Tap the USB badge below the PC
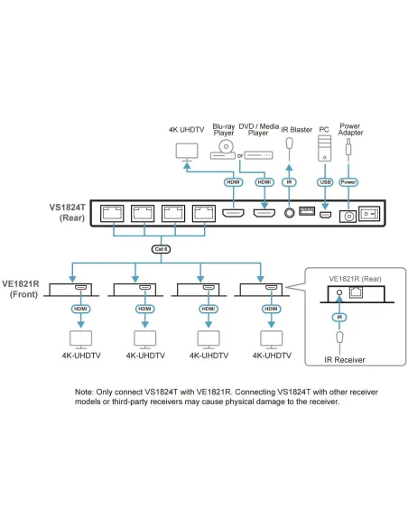[x=324, y=181]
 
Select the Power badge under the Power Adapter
[x=349, y=181]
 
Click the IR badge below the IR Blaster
[x=289, y=181]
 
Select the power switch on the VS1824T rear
[x=369, y=215]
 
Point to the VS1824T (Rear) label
[x=70, y=212]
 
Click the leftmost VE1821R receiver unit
[x=70, y=290]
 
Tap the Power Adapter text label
[x=349, y=131]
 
